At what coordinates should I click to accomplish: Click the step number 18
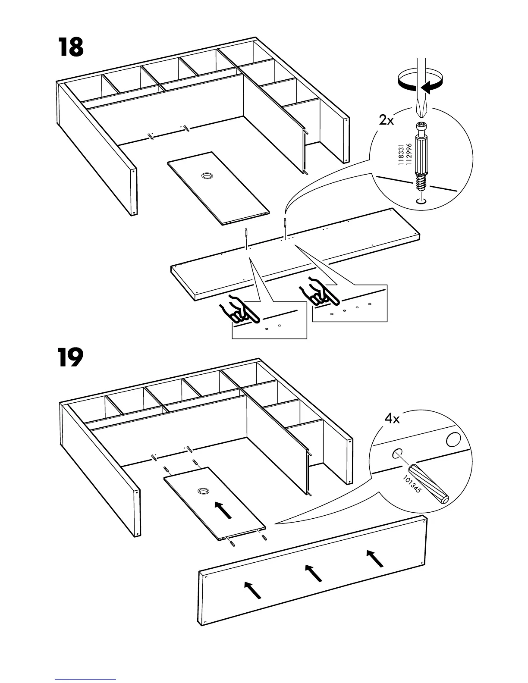click(x=70, y=47)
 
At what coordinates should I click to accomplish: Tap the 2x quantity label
click(x=387, y=120)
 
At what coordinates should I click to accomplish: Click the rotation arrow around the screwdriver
click(x=420, y=82)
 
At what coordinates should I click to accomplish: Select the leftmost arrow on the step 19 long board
click(x=253, y=590)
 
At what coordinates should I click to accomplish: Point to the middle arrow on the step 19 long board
click(x=314, y=573)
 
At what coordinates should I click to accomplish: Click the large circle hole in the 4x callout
click(x=453, y=440)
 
